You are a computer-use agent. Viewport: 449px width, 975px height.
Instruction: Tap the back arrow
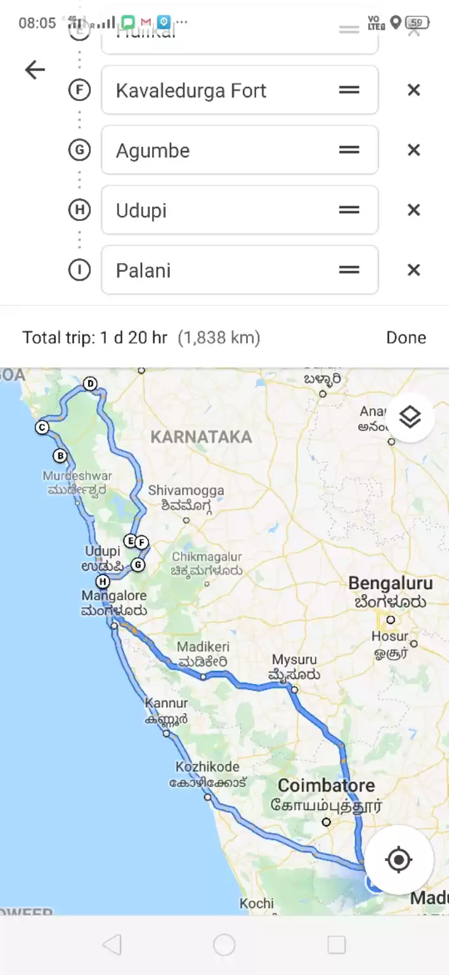(x=35, y=70)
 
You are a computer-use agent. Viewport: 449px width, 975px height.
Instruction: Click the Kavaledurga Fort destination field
(x=222, y=90)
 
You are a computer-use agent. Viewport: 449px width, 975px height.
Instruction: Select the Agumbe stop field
(x=222, y=150)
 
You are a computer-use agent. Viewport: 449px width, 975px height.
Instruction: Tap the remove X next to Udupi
(x=413, y=210)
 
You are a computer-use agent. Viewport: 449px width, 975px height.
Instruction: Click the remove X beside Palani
(x=413, y=270)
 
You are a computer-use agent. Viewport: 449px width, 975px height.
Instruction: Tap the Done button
(x=406, y=338)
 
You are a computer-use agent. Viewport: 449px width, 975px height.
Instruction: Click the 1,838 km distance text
(x=219, y=338)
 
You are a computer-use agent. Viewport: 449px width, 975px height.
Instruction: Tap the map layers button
(x=410, y=417)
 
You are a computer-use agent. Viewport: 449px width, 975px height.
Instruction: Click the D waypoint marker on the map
(x=90, y=383)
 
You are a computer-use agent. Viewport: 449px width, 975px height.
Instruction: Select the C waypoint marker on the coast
(x=42, y=428)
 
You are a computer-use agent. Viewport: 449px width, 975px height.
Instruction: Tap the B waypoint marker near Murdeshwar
(x=60, y=455)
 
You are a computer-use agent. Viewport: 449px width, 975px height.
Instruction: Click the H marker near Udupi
(x=102, y=581)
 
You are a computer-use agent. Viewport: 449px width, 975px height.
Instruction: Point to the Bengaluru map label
(x=391, y=583)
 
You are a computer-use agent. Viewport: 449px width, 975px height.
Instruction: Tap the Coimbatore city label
(x=326, y=785)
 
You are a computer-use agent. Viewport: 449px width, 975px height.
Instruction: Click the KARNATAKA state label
(x=201, y=437)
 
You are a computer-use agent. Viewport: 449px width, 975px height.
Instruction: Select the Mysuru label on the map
(x=294, y=660)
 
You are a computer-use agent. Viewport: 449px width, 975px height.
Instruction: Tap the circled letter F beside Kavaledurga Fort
(x=79, y=90)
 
